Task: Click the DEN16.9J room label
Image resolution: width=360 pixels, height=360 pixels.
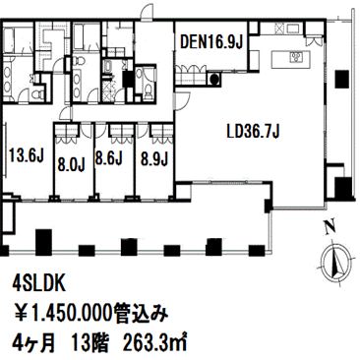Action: [x=211, y=41]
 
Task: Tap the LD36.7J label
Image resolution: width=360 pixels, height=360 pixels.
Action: [x=253, y=132]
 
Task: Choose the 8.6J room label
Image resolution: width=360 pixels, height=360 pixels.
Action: [x=109, y=157]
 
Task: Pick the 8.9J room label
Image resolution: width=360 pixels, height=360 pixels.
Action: [x=154, y=158]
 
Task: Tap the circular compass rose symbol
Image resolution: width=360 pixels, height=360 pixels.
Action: [x=337, y=263]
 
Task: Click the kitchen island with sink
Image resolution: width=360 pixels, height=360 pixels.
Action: [x=290, y=59]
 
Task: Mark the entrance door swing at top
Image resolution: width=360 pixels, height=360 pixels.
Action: [x=148, y=12]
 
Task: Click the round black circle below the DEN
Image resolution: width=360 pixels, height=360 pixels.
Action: [x=213, y=79]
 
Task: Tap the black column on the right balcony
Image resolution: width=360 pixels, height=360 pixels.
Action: [x=342, y=79]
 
